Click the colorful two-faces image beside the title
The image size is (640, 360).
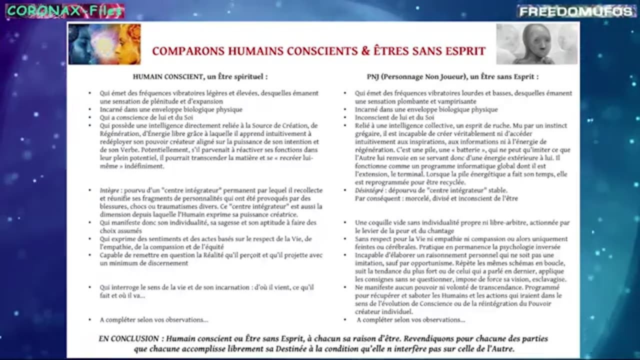click(104, 44)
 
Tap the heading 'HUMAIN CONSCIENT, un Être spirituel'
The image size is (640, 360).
click(200, 77)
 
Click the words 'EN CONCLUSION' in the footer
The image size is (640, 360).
click(130, 338)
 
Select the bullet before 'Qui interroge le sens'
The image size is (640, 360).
click(90, 288)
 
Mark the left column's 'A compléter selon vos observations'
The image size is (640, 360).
click(154, 320)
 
